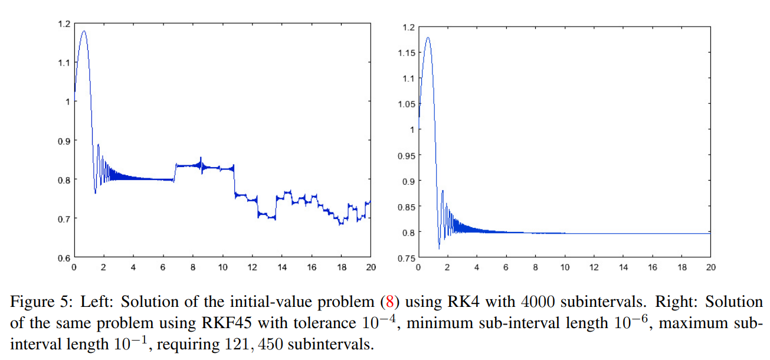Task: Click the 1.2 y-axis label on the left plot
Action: click(64, 24)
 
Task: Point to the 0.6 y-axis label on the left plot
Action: click(64, 258)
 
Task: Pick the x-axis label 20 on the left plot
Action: click(371, 267)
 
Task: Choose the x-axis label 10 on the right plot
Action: click(565, 267)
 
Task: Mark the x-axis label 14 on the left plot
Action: click(282, 267)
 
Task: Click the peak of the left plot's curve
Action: click(83, 31)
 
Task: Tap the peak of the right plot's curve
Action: click(428, 38)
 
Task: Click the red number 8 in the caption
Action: click(389, 302)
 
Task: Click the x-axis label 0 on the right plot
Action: click(418, 267)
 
